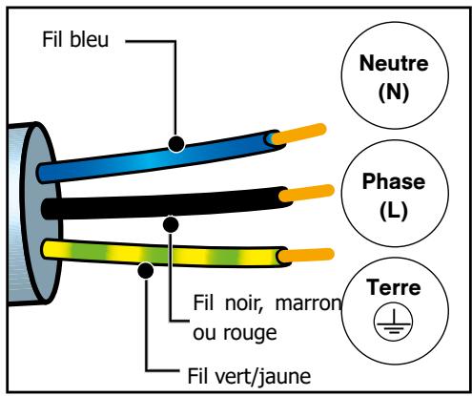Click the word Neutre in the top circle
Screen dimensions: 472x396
point(394,63)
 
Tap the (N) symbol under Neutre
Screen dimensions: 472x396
point(394,93)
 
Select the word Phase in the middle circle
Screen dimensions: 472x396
point(394,181)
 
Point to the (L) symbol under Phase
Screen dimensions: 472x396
point(394,211)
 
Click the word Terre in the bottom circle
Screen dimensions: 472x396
point(394,287)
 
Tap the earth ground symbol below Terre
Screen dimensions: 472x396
point(394,322)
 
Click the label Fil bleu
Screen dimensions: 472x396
point(75,39)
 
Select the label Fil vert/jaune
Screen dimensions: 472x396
point(249,376)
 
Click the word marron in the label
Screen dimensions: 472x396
point(308,303)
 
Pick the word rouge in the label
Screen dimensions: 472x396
point(250,334)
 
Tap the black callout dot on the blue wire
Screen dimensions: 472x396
point(176,144)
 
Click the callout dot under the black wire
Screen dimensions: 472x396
point(171,224)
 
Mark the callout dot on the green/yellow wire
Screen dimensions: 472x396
point(146,271)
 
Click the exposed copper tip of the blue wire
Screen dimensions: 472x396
point(299,134)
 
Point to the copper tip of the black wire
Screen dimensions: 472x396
point(307,193)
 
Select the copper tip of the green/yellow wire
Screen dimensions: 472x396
point(306,256)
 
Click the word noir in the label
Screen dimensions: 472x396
point(244,303)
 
